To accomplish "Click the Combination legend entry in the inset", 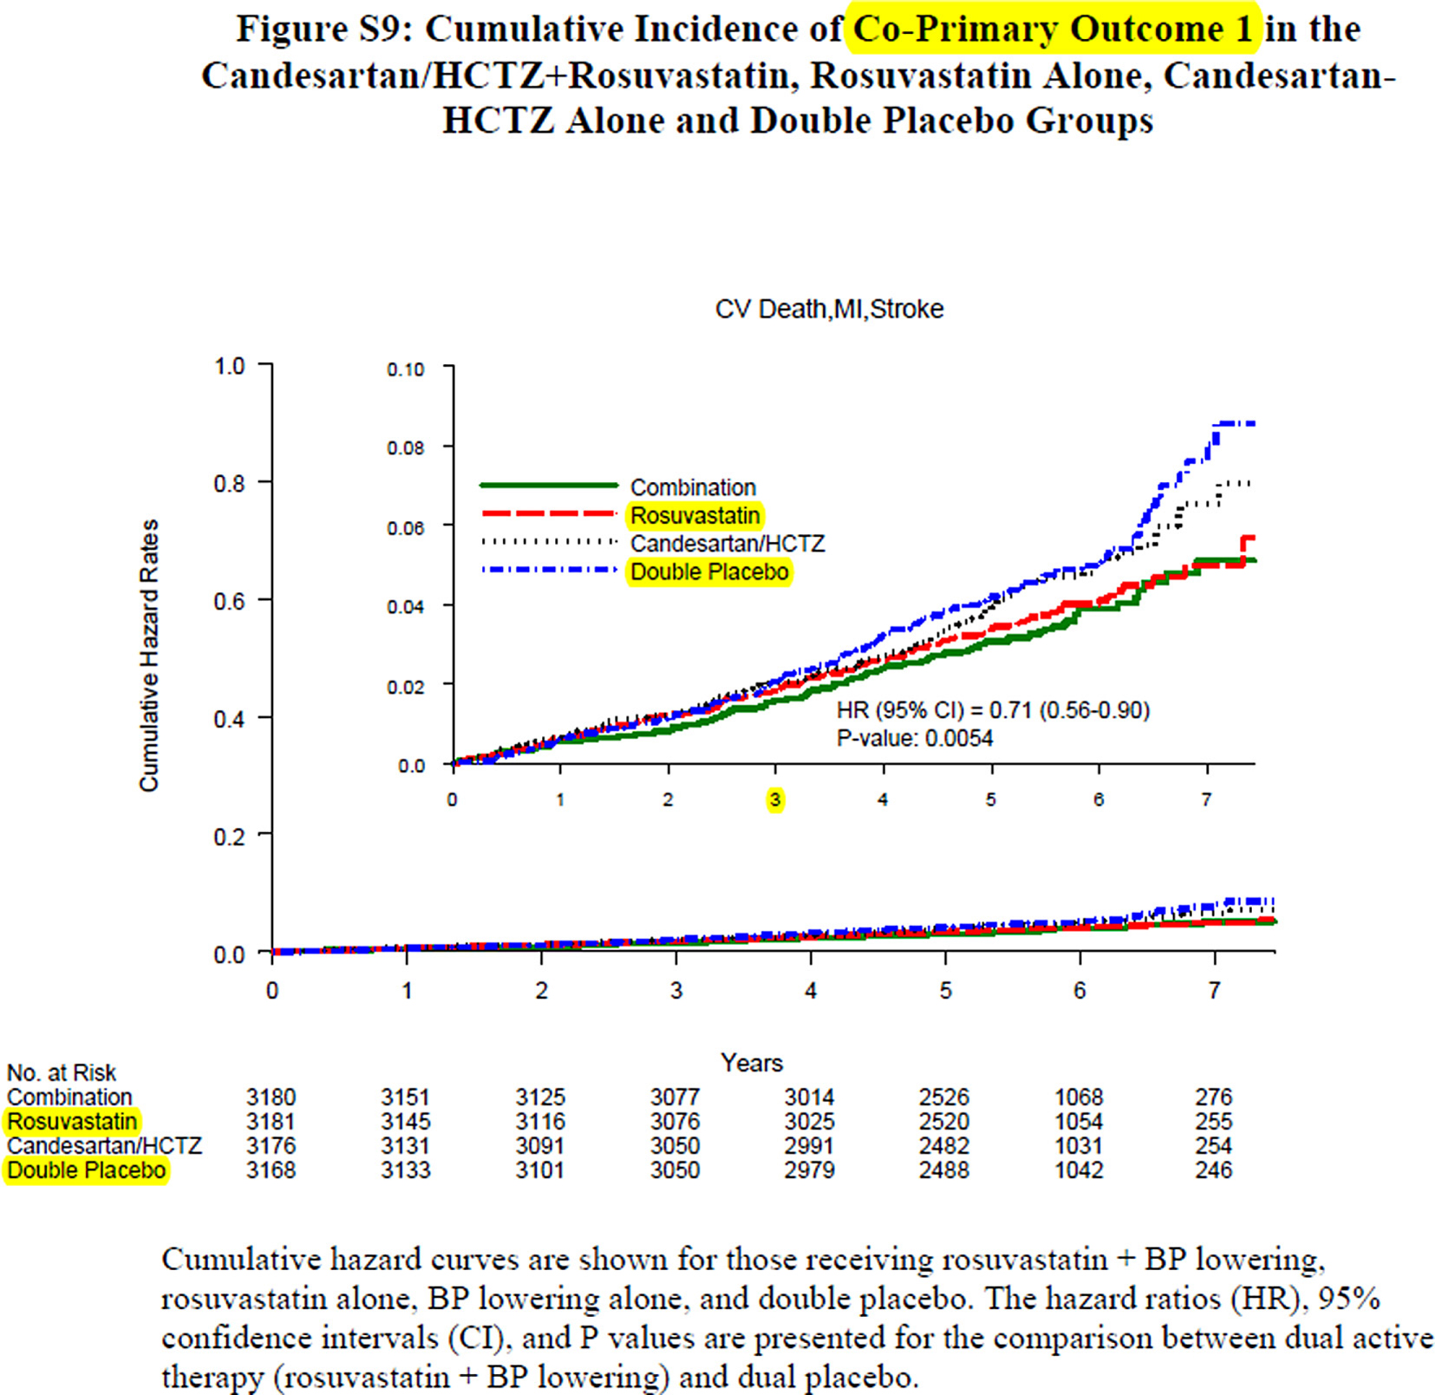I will tap(692, 487).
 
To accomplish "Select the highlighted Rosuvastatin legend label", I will tap(695, 516).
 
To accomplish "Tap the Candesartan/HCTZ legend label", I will tap(727, 544).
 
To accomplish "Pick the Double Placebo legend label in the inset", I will tap(709, 572).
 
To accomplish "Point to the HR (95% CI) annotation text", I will tap(992, 711).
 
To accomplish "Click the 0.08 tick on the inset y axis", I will tap(405, 448).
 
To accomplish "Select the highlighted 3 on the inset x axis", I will tap(775, 799).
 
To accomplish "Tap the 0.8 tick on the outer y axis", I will tap(229, 483).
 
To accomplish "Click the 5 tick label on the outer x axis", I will tap(945, 990).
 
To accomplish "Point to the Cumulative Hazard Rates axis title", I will tap(149, 655).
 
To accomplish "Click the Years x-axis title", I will tap(751, 1063).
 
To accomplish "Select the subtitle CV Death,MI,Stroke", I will tap(829, 310).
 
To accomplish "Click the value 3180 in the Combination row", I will tap(271, 1098).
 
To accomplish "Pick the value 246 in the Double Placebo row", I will tap(1213, 1170).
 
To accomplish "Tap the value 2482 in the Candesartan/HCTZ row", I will tap(943, 1146).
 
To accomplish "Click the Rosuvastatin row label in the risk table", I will tap(72, 1122).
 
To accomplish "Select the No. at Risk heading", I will tap(61, 1073).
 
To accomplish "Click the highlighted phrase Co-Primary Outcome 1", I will tap(1053, 29).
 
